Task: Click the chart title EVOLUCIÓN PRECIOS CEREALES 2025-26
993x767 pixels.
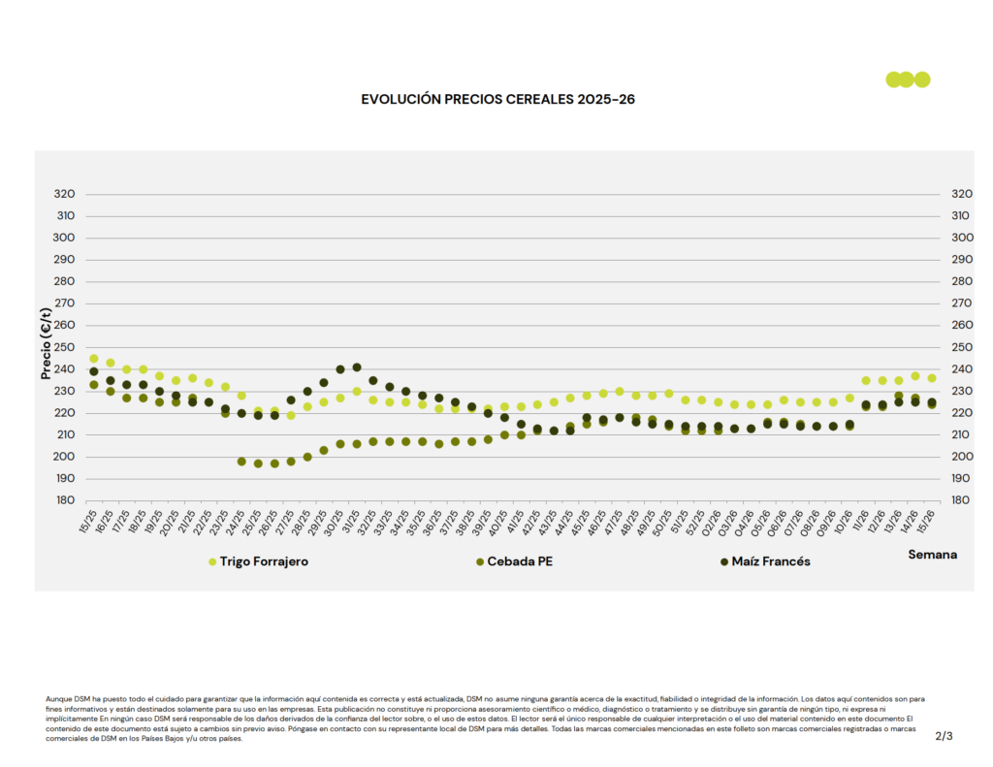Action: (497, 99)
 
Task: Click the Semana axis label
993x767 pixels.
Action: (932, 555)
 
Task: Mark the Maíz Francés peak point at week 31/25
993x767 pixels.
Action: (357, 368)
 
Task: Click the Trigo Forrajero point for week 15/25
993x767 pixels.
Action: (94, 359)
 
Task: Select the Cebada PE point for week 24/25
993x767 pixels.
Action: (241, 462)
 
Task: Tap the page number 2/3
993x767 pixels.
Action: (944, 736)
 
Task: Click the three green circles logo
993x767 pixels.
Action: (908, 80)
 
